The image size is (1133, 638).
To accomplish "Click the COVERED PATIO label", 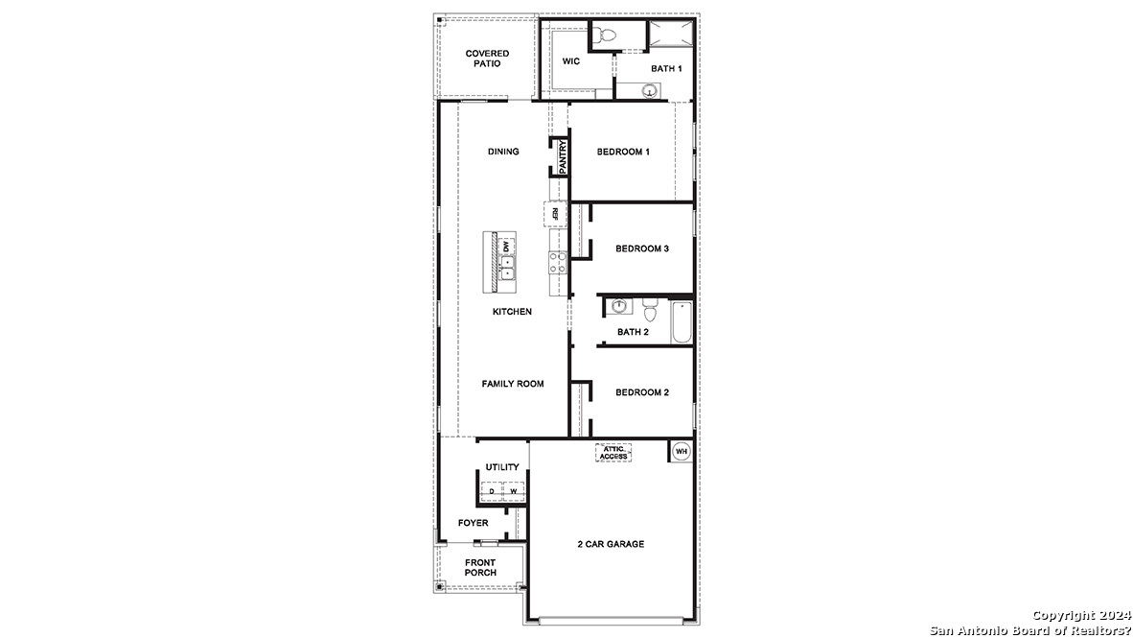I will [x=487, y=59].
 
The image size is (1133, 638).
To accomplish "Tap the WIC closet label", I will [x=571, y=61].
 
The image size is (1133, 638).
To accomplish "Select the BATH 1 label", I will [x=666, y=69].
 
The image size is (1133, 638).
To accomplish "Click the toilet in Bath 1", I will [x=604, y=35].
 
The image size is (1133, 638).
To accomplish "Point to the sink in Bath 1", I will [x=650, y=92].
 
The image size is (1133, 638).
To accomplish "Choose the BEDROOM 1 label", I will [x=623, y=152].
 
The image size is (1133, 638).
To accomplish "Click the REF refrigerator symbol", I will [x=555, y=213].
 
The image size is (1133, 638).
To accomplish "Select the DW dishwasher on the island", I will [x=506, y=246].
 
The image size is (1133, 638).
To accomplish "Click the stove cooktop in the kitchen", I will [x=557, y=262].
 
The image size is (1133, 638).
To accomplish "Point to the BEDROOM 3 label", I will [x=641, y=248].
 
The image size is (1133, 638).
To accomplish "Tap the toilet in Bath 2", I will [x=649, y=311].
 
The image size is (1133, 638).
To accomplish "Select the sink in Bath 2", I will [x=619, y=306].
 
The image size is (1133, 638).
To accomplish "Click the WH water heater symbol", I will [x=681, y=451].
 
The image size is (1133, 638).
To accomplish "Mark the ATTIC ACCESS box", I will [x=613, y=453].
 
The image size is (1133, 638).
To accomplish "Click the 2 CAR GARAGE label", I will [x=611, y=544].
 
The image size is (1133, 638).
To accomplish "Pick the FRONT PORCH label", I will [x=480, y=567].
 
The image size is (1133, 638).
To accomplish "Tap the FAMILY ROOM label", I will [x=512, y=384].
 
